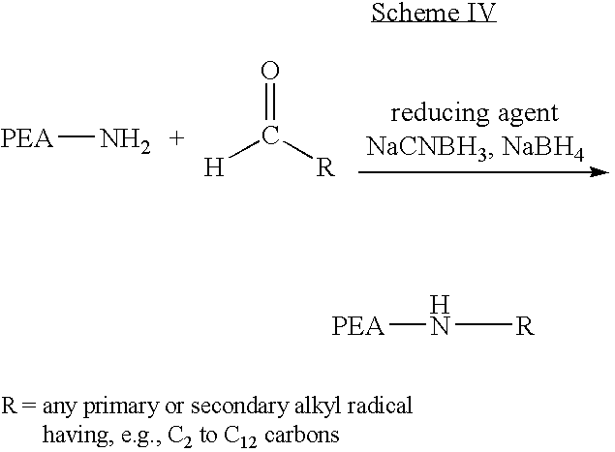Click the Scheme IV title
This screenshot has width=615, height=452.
point(434,13)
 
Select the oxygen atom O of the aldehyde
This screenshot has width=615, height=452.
point(270,71)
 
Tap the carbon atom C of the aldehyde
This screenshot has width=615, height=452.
point(270,136)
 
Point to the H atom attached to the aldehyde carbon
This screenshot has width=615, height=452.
point(214,167)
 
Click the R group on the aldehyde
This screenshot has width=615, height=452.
point(326,167)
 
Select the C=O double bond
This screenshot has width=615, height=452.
point(270,101)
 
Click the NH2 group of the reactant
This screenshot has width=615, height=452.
point(125,140)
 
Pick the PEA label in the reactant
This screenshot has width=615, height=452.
point(27,138)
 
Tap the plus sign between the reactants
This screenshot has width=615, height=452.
point(177,138)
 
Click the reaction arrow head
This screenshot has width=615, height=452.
point(600,171)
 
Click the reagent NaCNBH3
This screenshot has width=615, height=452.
point(426,148)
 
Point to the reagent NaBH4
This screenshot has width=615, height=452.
point(542,148)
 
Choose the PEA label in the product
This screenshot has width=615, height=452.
point(357,326)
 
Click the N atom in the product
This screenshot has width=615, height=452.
point(440,326)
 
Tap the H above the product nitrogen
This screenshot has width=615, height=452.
point(440,305)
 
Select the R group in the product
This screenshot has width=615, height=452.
point(525,326)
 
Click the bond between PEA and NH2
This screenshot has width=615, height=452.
point(77,136)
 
